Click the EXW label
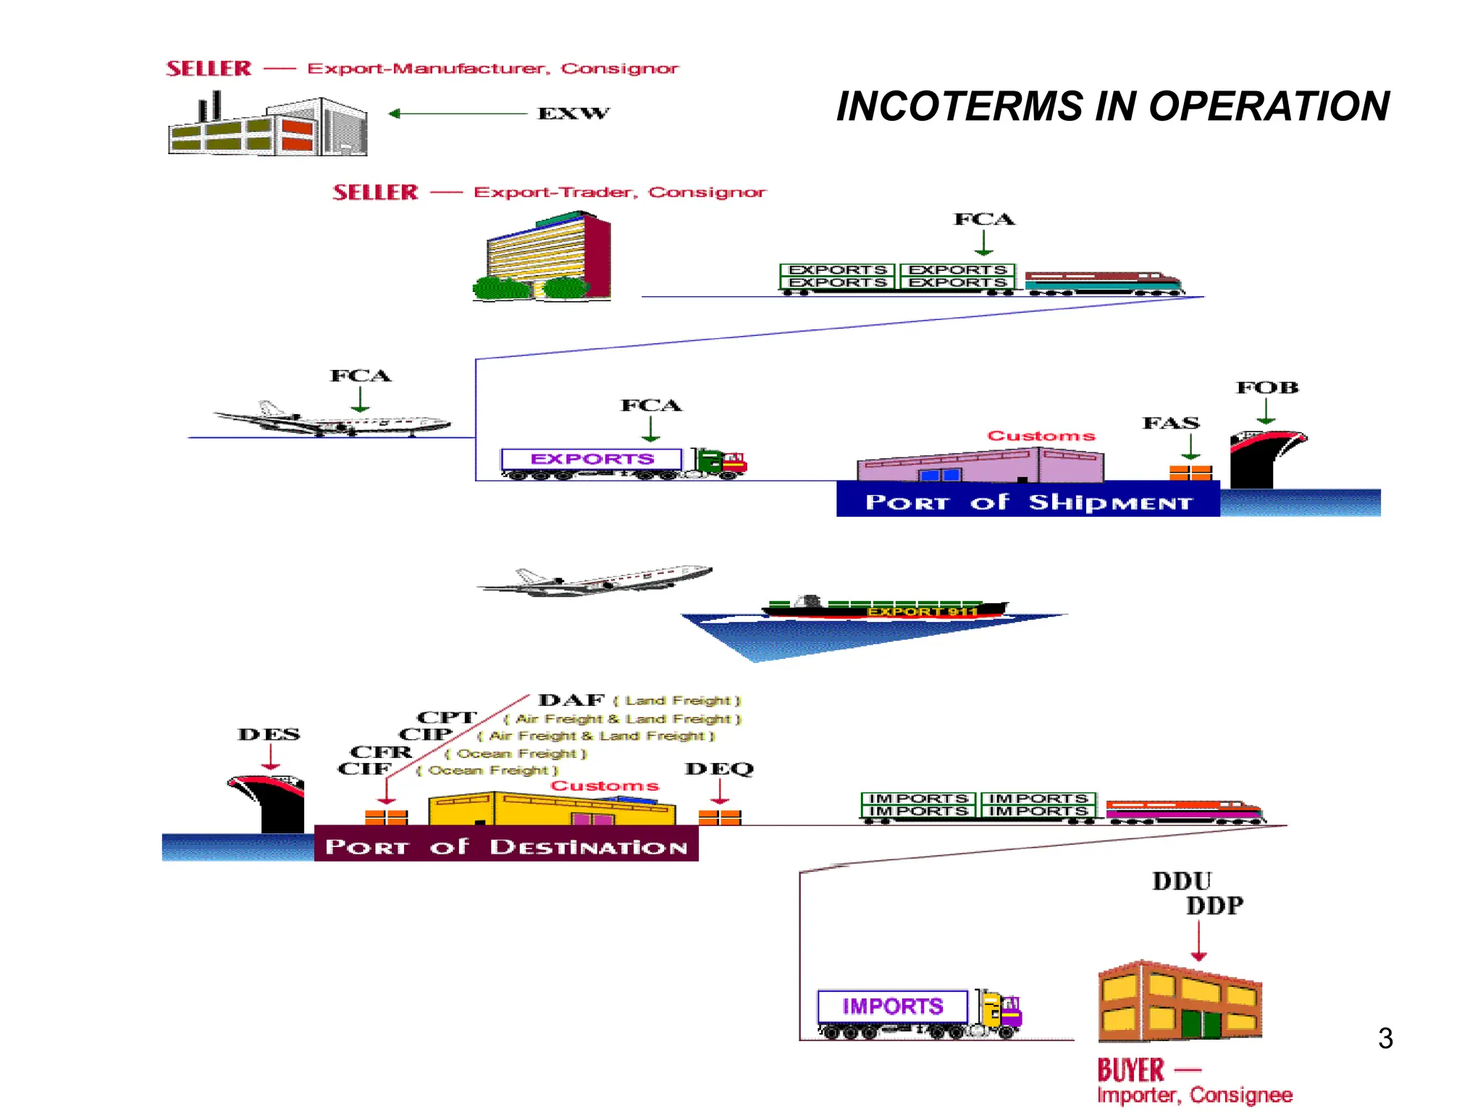point(573,113)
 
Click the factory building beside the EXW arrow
point(268,127)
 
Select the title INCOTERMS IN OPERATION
point(1112,106)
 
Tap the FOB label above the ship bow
point(1266,387)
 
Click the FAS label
point(1171,423)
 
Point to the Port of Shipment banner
point(1028,501)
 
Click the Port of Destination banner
point(506,846)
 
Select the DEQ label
point(719,769)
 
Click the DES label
point(269,734)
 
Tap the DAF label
point(571,700)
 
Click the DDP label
point(1214,906)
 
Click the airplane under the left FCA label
point(333,420)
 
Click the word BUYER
point(1130,1070)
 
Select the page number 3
point(1385,1038)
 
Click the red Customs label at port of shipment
point(1041,436)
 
